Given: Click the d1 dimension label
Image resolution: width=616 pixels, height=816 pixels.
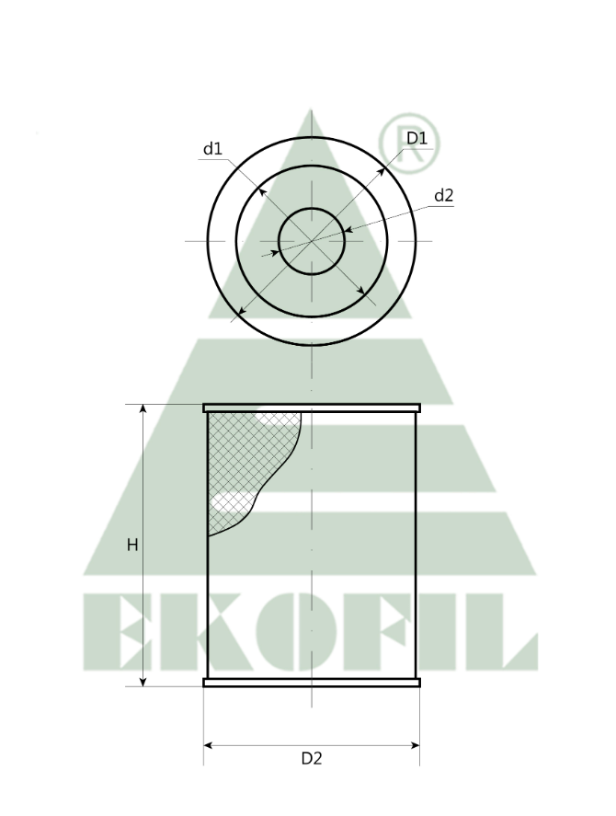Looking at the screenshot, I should (x=212, y=149).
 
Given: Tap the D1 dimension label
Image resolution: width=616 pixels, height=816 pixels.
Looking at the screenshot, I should (x=416, y=138).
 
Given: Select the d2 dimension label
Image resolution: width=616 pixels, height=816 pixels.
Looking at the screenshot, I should (x=444, y=195).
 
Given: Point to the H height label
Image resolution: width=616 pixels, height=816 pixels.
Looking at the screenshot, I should (x=132, y=546).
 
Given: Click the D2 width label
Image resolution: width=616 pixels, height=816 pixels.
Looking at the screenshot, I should (x=312, y=759).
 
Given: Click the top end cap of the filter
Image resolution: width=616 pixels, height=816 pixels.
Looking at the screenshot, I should (x=312, y=408).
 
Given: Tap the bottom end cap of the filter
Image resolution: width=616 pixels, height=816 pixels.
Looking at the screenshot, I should (x=312, y=683).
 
